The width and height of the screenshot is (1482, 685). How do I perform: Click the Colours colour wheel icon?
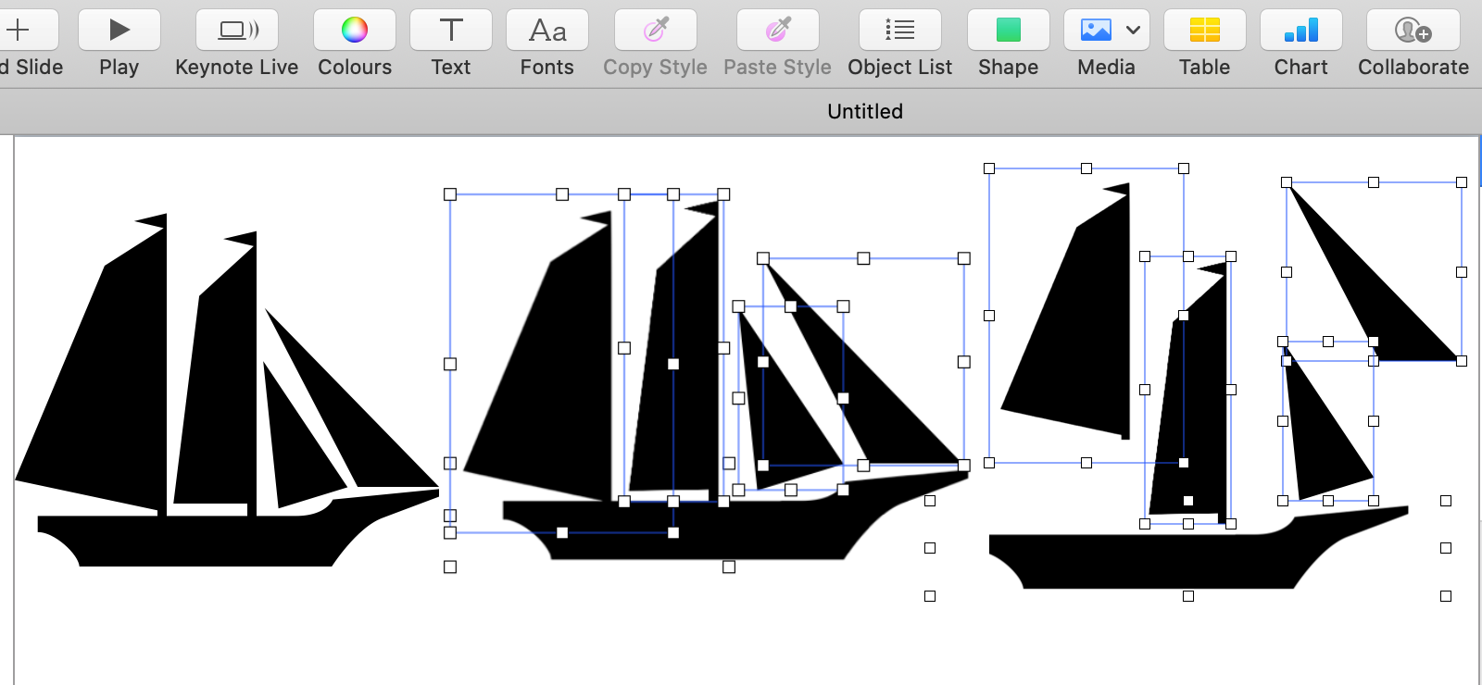[x=355, y=31]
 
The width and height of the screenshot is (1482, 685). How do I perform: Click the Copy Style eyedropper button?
[x=656, y=31]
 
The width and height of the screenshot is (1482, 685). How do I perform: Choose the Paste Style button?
[x=778, y=31]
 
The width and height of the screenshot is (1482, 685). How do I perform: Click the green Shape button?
[x=1009, y=31]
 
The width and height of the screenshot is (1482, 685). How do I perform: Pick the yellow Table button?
[x=1205, y=31]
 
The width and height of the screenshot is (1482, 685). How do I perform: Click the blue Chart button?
[x=1301, y=31]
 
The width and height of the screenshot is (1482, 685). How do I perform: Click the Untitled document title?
[x=865, y=111]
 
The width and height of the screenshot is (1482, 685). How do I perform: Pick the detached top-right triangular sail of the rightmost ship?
[x=1371, y=296]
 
